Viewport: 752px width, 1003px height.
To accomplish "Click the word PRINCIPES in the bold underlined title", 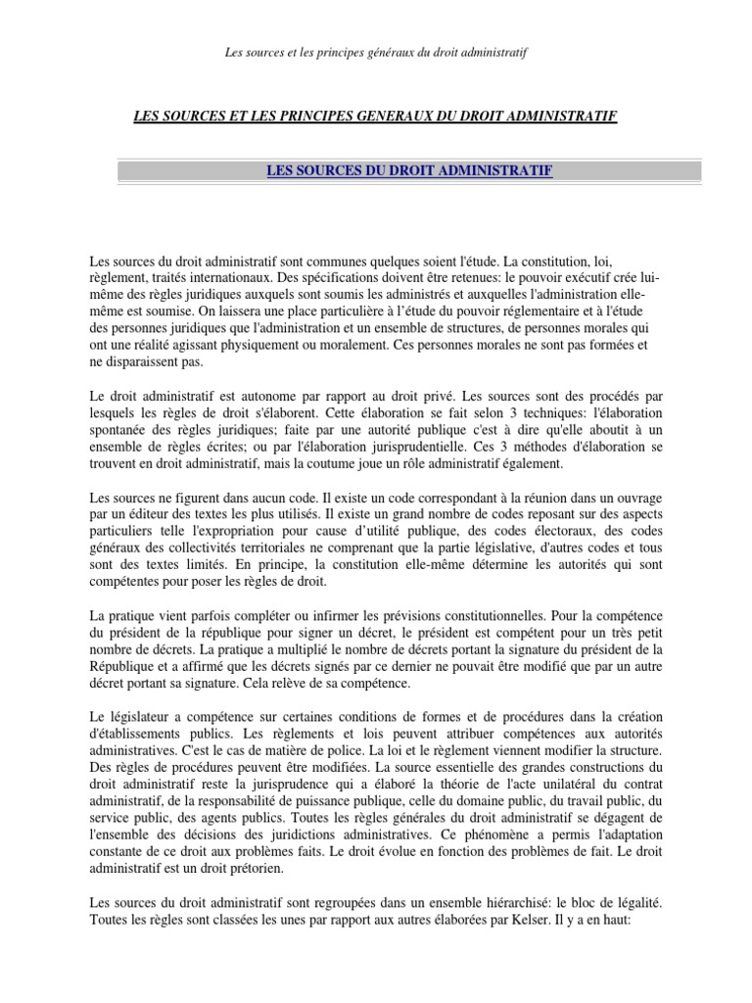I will [309, 117].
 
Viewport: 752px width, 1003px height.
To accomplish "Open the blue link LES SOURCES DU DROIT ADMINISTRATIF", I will [409, 171].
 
